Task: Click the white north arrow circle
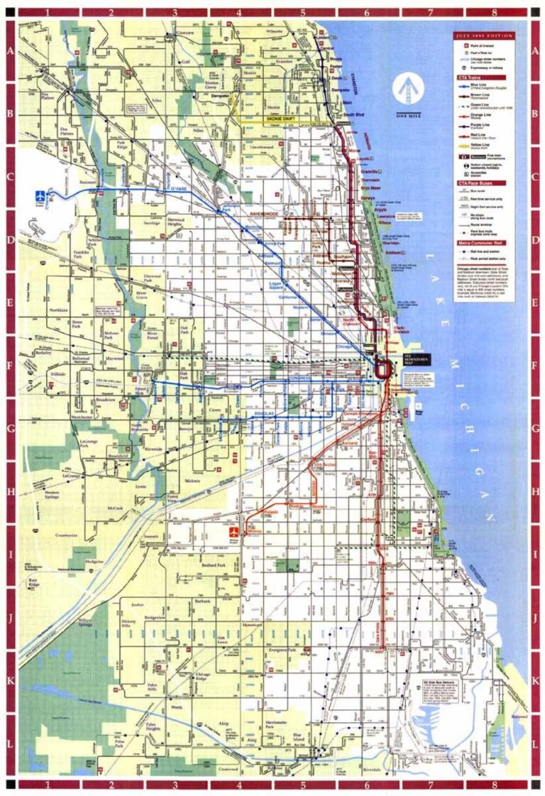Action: pyautogui.click(x=408, y=90)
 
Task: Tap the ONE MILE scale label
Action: pyautogui.click(x=408, y=116)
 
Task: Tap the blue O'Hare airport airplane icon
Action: pyautogui.click(x=41, y=194)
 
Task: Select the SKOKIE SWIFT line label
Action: pyautogui.click(x=281, y=119)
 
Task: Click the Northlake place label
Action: pyautogui.click(x=56, y=310)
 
